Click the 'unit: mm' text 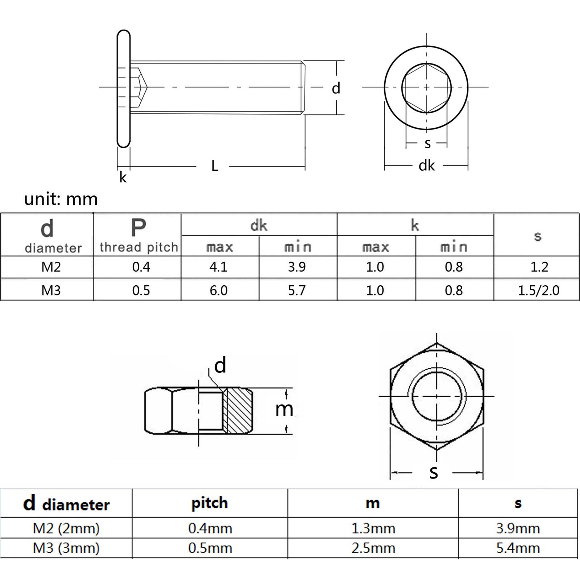point(61,199)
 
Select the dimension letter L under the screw point(215,166)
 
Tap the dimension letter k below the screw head point(123,177)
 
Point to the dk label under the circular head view point(427,165)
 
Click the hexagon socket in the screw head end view point(426,87)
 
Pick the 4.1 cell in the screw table point(219,267)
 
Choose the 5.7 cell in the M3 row point(297,290)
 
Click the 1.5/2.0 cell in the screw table point(538,290)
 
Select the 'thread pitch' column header point(139,247)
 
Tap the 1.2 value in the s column point(539,267)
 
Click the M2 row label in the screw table point(51,267)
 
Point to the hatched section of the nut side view point(238,411)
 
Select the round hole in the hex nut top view point(437,396)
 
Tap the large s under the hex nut point(434,472)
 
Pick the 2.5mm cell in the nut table point(373,548)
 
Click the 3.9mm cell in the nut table point(518,528)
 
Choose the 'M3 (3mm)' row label point(66,548)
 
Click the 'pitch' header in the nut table point(210,504)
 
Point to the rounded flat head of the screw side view point(124,89)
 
